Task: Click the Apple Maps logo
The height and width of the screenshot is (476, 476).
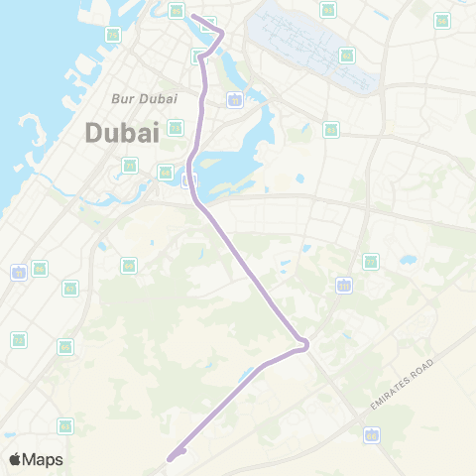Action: coord(36,459)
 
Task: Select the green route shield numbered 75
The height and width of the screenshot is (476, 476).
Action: coord(113,35)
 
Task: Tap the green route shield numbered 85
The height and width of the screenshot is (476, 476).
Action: coord(176,11)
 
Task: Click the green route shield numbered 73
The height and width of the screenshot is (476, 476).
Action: coord(176,127)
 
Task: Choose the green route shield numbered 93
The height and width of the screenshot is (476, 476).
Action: coord(328,10)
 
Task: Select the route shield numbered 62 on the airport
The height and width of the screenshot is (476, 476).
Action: coord(346,56)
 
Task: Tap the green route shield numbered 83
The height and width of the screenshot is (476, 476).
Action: coord(331,129)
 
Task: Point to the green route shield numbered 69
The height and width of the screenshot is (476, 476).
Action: coord(129,266)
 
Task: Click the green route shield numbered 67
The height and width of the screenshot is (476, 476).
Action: coord(70,289)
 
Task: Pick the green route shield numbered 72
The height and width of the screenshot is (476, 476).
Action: coord(19,340)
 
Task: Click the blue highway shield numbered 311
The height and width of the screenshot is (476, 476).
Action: coord(344,286)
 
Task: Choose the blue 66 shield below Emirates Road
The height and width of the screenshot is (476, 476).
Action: coord(371,434)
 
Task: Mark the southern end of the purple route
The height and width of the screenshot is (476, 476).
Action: coord(171,458)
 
